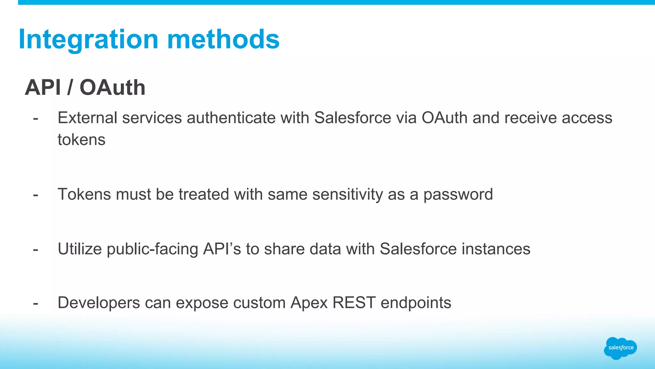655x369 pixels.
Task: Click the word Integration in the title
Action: click(x=89, y=39)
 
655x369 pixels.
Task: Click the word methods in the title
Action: click(x=223, y=39)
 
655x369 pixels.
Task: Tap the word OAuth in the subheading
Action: click(x=112, y=87)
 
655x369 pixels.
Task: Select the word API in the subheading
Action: click(x=43, y=87)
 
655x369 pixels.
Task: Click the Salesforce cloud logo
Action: click(x=620, y=348)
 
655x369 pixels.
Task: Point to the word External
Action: click(x=87, y=118)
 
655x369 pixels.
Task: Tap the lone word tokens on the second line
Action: click(x=82, y=140)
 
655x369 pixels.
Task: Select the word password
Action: click(x=458, y=194)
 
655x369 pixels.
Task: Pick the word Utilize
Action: click(x=80, y=249)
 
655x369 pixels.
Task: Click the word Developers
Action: click(x=99, y=303)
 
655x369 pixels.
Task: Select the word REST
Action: click(x=354, y=303)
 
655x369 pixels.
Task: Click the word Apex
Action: click(x=309, y=303)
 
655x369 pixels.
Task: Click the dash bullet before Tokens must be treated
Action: click(x=36, y=195)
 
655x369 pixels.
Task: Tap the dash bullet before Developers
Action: click(x=36, y=303)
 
